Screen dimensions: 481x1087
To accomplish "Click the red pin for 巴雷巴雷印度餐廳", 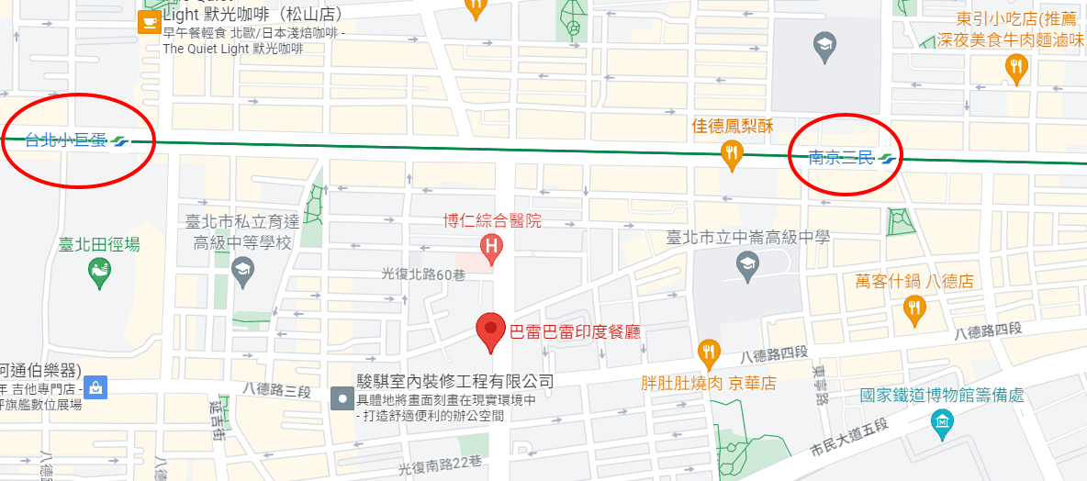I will [491, 331].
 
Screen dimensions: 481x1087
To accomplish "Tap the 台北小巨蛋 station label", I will [66, 140].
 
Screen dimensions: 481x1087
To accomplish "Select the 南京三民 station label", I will [841, 157].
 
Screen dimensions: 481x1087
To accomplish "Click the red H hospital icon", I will [492, 246].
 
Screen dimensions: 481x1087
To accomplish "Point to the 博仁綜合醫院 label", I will [492, 220].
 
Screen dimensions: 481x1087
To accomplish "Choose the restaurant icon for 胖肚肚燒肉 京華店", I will [708, 352].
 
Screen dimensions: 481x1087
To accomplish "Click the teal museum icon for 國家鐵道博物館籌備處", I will [942, 422].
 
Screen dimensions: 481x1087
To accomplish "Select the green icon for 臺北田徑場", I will [98, 270].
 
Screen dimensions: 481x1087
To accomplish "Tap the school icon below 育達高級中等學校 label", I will [242, 269].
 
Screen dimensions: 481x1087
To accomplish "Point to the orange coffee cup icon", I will [147, 23].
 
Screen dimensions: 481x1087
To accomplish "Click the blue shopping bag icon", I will [96, 388].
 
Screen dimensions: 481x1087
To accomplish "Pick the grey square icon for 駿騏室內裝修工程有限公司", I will [342, 397].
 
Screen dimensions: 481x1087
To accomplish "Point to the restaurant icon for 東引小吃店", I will [1015, 67].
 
